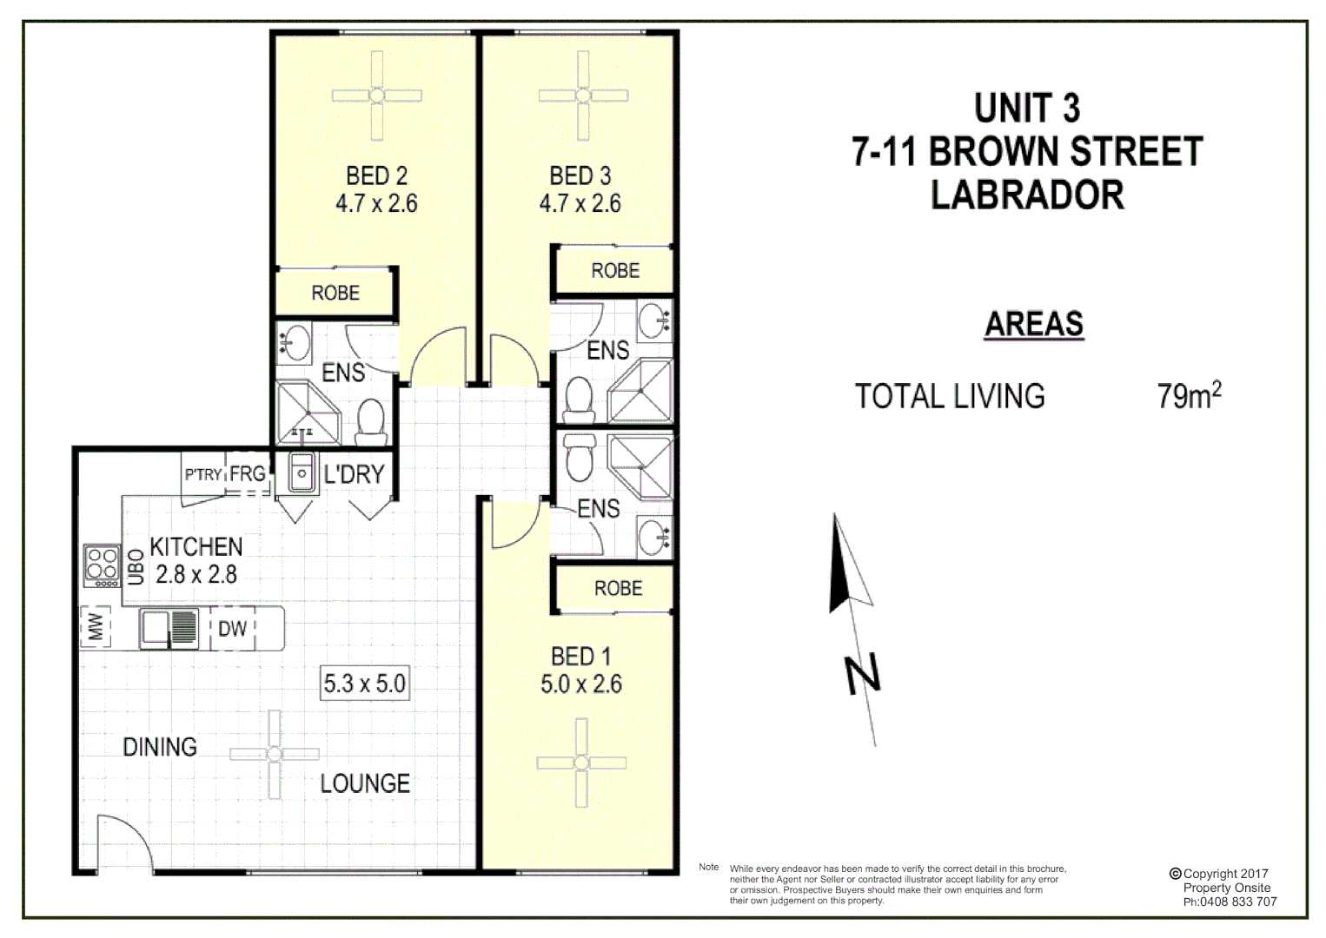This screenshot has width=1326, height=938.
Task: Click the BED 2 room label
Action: coord(376,176)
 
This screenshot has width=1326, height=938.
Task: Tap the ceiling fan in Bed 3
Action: coord(582,96)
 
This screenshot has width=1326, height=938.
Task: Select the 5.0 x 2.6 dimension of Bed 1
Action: coord(581,684)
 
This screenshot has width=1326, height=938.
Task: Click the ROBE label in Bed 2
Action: coord(335,294)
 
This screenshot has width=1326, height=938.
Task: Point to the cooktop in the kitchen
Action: coord(102,565)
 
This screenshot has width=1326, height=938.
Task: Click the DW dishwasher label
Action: coord(232,629)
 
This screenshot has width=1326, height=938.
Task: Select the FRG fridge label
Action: coord(248,474)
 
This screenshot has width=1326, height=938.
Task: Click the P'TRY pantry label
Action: coord(202,475)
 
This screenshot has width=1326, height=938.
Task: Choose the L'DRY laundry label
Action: coord(354,475)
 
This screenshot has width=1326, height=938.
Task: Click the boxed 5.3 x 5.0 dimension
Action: coord(365,684)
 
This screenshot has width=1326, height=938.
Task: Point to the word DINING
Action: coord(160,747)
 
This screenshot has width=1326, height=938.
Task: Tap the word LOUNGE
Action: coord(365,783)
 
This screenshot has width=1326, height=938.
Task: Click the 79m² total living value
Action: coord(1188,396)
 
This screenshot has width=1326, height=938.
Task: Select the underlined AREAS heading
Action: coord(1033,325)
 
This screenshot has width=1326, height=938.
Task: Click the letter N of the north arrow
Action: coord(863,675)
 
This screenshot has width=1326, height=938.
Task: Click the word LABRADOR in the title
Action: coord(1027,195)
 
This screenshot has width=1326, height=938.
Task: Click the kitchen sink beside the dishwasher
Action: coord(169,627)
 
